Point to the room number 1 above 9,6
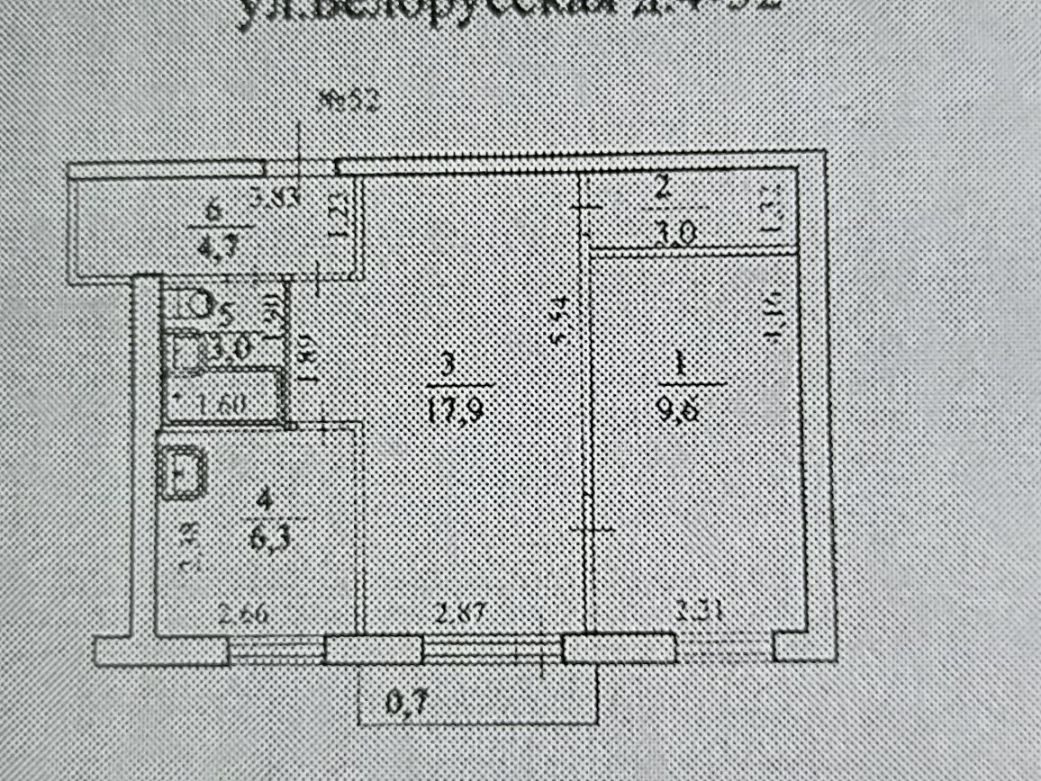tap(682, 364)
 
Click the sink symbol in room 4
tap(183, 472)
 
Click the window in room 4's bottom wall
tap(276, 650)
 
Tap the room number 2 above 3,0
tap(662, 190)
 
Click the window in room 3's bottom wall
tap(493, 650)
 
